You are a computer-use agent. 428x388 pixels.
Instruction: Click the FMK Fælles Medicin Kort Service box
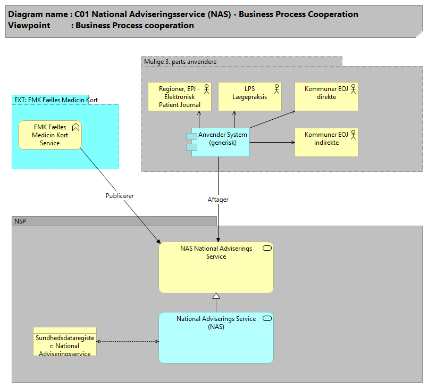click(50, 135)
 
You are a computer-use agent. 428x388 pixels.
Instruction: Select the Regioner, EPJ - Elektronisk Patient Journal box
click(180, 96)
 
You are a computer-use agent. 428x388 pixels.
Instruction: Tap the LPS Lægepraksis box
click(249, 96)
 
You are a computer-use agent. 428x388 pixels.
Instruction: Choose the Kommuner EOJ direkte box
click(326, 96)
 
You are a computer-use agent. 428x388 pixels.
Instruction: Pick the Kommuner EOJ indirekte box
click(326, 142)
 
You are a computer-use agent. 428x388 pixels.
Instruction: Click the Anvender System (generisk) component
click(221, 143)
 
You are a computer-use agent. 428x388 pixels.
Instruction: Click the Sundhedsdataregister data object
click(64, 342)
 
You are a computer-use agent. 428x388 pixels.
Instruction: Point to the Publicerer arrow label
click(120, 196)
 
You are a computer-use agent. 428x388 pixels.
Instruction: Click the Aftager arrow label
click(218, 200)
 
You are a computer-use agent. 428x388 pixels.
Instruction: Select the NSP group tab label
click(20, 221)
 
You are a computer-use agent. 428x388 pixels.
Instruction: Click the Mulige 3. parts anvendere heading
click(180, 62)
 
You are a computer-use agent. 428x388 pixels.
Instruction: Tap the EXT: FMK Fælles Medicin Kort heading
click(56, 100)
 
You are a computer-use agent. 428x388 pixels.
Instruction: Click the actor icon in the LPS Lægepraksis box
click(276, 88)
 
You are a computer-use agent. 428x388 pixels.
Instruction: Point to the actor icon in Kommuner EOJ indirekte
click(353, 134)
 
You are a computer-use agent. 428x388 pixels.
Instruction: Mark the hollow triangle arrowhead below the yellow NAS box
click(216, 296)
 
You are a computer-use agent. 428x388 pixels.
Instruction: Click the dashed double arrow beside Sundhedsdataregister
click(128, 341)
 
